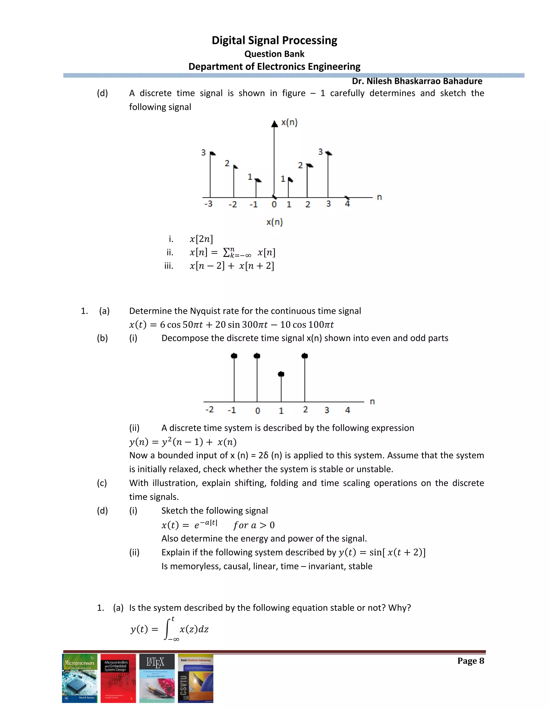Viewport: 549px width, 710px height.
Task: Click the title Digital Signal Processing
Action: point(274,40)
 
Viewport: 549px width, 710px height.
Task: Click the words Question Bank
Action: point(274,54)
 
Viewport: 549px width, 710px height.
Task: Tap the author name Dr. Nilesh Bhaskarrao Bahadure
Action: point(417,81)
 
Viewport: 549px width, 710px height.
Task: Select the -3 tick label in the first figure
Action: point(208,204)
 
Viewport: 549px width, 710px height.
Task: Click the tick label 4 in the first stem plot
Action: point(347,204)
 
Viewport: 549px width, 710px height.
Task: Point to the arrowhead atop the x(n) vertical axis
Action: point(274,124)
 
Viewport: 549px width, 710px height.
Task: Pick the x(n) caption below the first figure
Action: point(274,222)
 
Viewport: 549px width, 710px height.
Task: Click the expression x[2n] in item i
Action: point(201,239)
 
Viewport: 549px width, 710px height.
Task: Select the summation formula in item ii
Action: point(232,252)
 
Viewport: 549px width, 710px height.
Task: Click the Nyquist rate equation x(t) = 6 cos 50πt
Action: point(231,324)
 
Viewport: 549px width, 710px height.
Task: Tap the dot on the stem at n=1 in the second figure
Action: point(281,374)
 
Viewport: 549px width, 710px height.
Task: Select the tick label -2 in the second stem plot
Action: point(210,409)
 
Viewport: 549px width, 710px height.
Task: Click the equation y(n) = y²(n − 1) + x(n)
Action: point(183,442)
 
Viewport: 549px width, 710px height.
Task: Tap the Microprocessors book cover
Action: point(80,678)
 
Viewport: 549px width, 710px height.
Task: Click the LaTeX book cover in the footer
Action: point(157,678)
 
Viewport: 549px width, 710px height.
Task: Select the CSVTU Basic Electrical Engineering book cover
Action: point(195,678)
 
